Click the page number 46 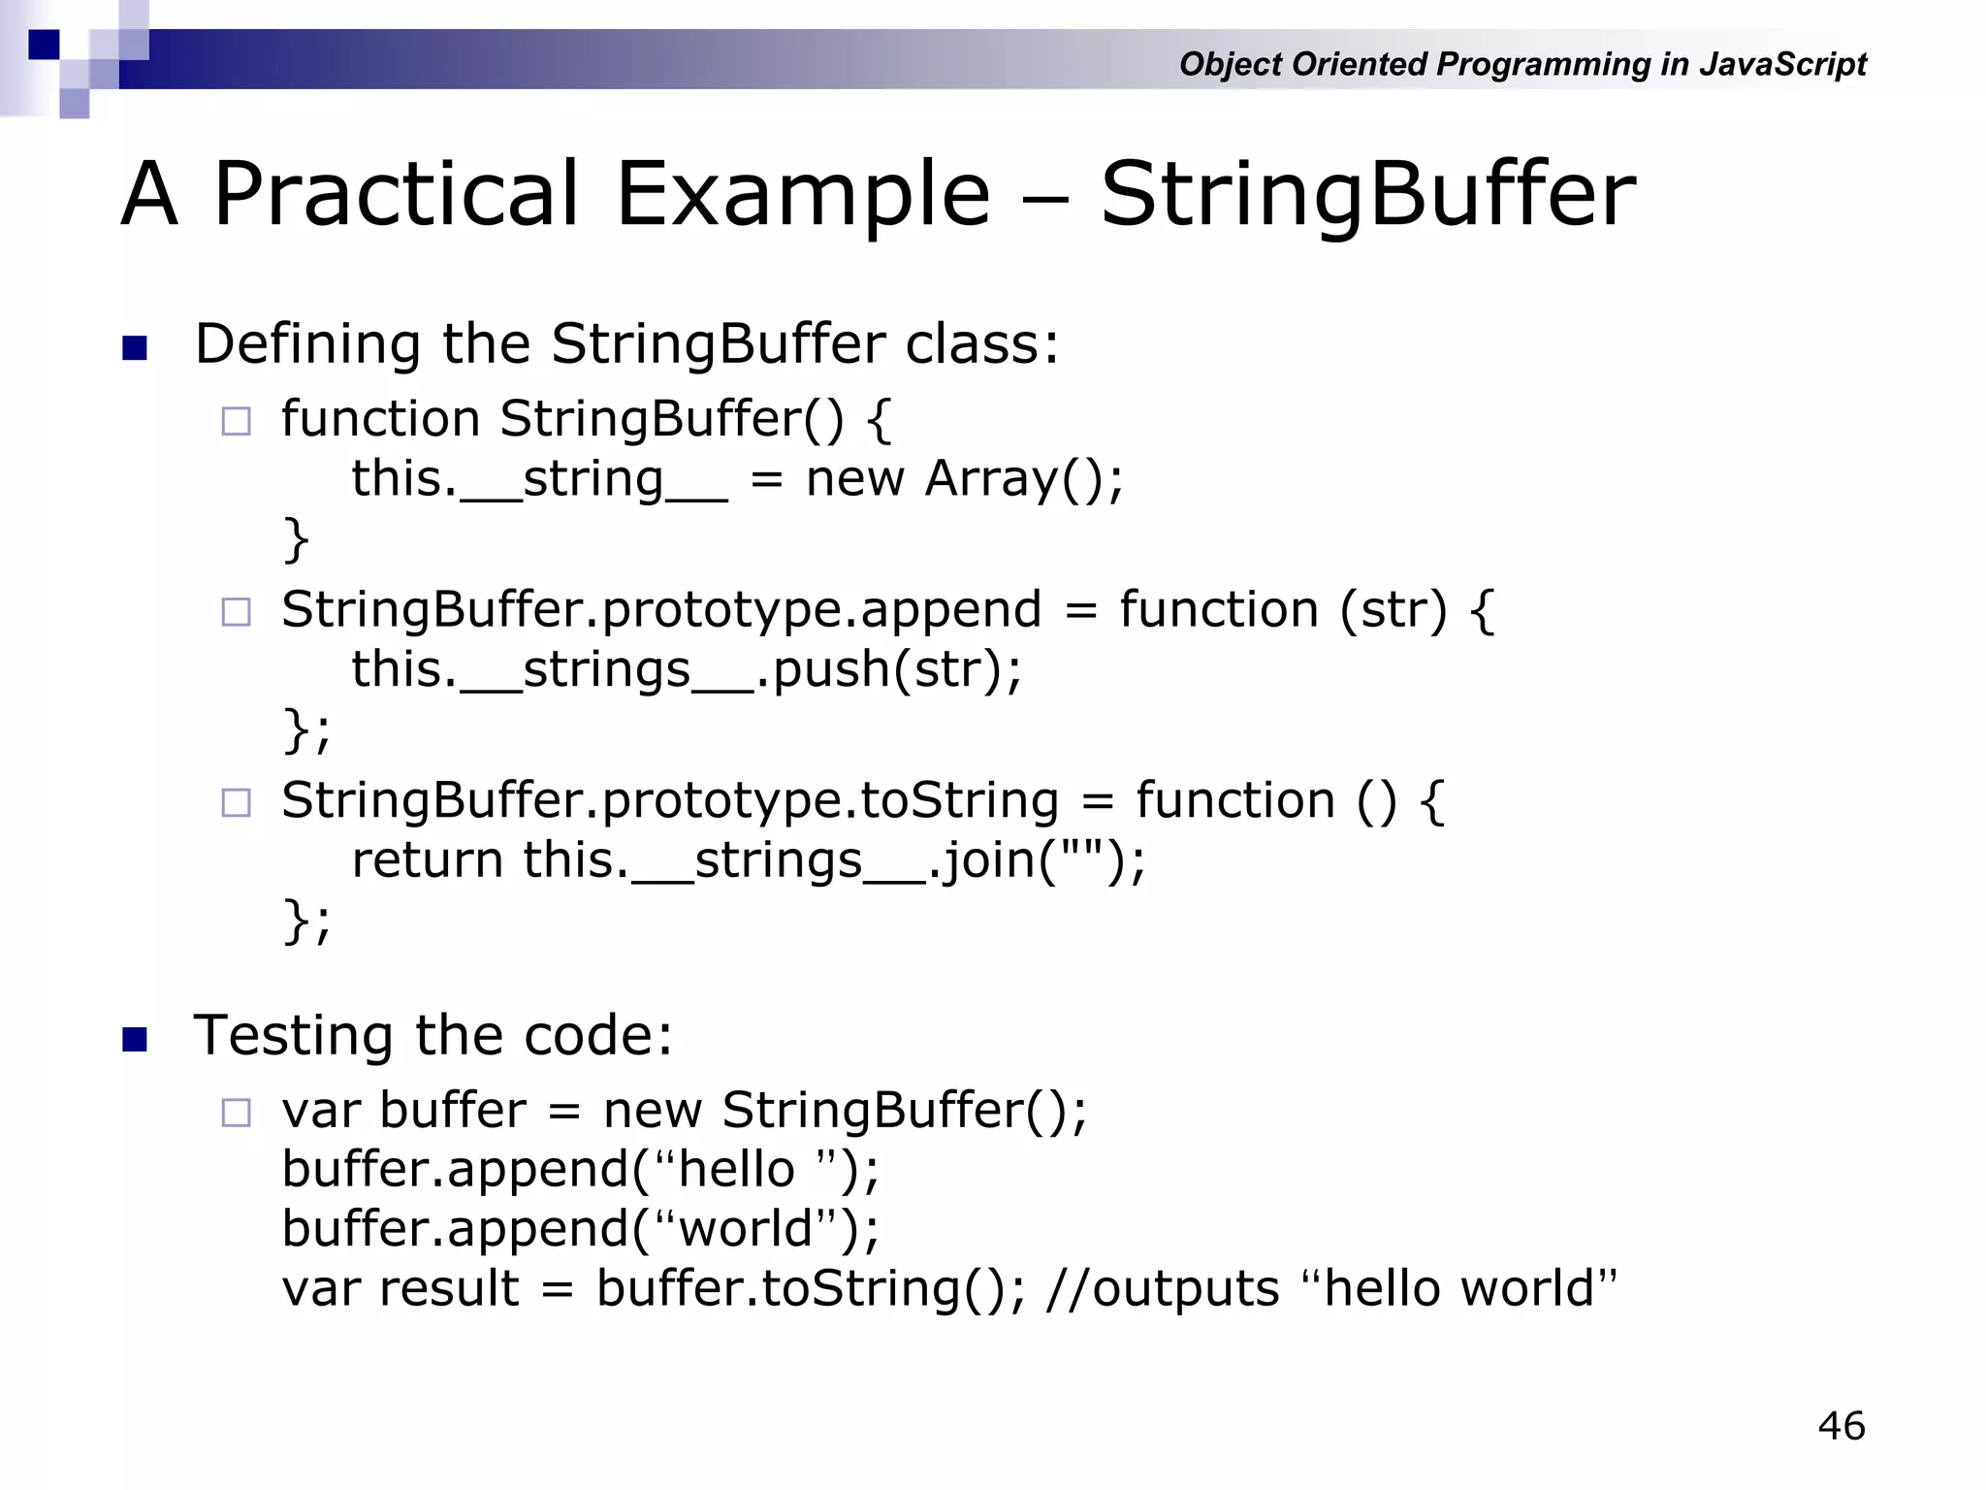(1841, 1426)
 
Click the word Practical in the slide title (396, 194)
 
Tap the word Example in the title (803, 194)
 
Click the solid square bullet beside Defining (135, 348)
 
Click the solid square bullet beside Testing (135, 1040)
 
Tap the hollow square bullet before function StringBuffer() (236, 422)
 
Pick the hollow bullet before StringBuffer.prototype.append (236, 612)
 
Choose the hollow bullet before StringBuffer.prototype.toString (236, 803)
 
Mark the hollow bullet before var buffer (236, 1113)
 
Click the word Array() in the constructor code (1023, 479)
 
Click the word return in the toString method (427, 860)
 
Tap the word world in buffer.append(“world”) (745, 1229)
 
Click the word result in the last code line (449, 1289)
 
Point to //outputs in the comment (1163, 1289)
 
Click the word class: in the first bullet (981, 344)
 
